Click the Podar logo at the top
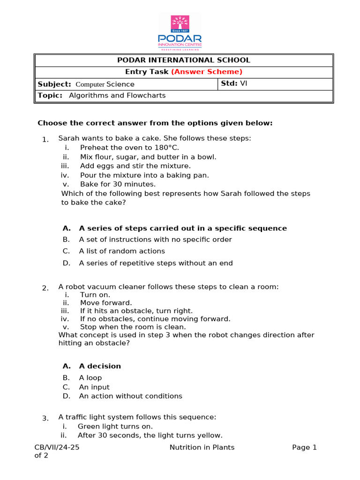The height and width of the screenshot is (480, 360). click(180, 32)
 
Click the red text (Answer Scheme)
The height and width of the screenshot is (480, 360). click(207, 72)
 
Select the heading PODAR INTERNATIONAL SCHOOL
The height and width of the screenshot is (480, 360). click(183, 60)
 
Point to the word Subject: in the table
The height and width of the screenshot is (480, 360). click(54, 84)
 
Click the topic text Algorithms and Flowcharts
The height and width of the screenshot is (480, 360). click(117, 95)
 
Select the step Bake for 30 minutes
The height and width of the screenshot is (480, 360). click(118, 184)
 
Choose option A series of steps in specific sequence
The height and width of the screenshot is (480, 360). click(183, 228)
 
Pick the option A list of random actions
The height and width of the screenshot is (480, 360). click(122, 251)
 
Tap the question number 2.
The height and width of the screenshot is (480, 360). click(45, 288)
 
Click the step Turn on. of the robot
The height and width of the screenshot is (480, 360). click(95, 295)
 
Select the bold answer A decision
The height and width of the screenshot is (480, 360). click(100, 366)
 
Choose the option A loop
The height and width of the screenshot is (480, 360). click(90, 378)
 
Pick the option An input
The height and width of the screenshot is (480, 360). click(94, 387)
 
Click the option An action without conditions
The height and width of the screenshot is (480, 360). click(130, 396)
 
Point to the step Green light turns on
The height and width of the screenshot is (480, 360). click(115, 427)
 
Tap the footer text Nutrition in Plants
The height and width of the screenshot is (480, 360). click(202, 447)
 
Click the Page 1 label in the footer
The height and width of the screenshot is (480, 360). click(305, 447)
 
